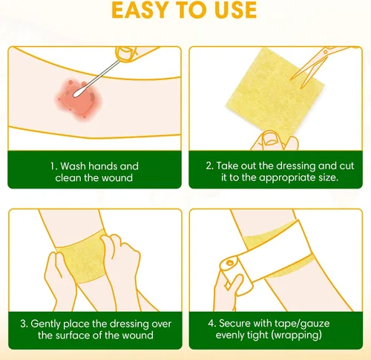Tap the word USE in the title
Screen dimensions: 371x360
[236, 10]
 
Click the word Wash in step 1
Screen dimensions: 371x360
[73, 166]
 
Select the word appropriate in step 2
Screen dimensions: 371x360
[287, 178]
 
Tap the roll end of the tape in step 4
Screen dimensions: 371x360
[229, 264]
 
